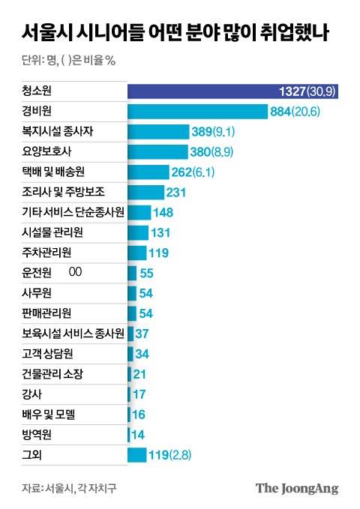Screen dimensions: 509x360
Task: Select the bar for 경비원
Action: click(x=198, y=111)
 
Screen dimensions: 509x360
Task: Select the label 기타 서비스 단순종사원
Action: click(x=73, y=212)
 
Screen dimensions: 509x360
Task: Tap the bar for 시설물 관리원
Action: click(x=138, y=232)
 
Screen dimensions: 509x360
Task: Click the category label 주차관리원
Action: click(x=50, y=253)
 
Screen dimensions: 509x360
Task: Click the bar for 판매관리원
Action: click(x=132, y=313)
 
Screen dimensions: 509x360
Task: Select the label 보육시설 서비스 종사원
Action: click(x=73, y=333)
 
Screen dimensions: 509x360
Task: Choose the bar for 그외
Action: click(x=137, y=454)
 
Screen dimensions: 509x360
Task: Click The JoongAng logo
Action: click(x=297, y=488)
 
